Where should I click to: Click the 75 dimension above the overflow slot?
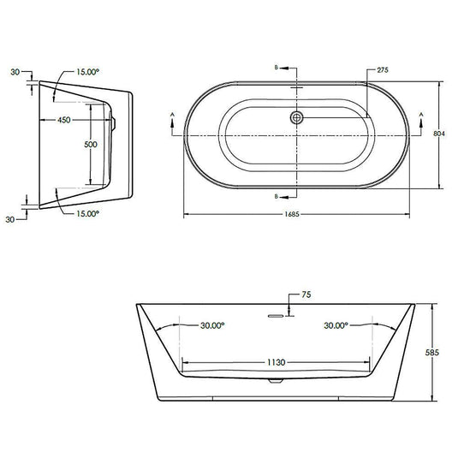point(306,296)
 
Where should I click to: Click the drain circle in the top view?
point(297,117)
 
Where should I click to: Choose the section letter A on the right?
point(419,114)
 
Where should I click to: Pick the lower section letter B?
point(275,196)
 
